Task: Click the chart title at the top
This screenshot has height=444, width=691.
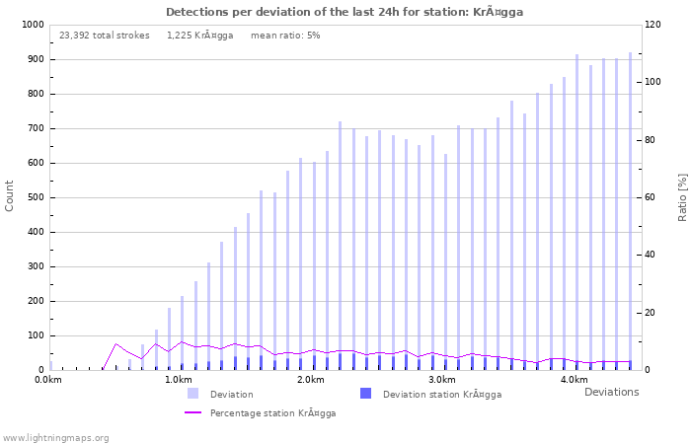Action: click(x=345, y=12)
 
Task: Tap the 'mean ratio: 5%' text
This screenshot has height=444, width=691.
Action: click(x=285, y=36)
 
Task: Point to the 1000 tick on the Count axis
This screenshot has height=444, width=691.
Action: click(x=32, y=25)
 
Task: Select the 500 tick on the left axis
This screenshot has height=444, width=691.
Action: click(x=35, y=197)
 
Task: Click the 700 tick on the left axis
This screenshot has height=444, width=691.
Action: click(x=35, y=128)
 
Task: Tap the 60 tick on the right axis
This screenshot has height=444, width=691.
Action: click(x=653, y=197)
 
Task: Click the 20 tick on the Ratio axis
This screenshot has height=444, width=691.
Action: click(x=653, y=313)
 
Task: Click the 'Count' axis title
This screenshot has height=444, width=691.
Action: click(x=10, y=195)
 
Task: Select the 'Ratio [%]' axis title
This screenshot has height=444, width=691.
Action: click(x=682, y=195)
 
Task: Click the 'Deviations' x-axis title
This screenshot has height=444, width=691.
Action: click(x=611, y=392)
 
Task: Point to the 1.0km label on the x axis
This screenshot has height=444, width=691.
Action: click(x=178, y=380)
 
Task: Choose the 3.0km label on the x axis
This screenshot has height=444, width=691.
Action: click(x=441, y=380)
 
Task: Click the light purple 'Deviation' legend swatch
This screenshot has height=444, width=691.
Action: click(x=192, y=394)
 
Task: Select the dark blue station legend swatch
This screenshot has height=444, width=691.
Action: click(x=365, y=394)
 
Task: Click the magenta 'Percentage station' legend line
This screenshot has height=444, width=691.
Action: click(x=192, y=412)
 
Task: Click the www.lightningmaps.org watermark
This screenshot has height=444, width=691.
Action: click(x=55, y=437)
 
